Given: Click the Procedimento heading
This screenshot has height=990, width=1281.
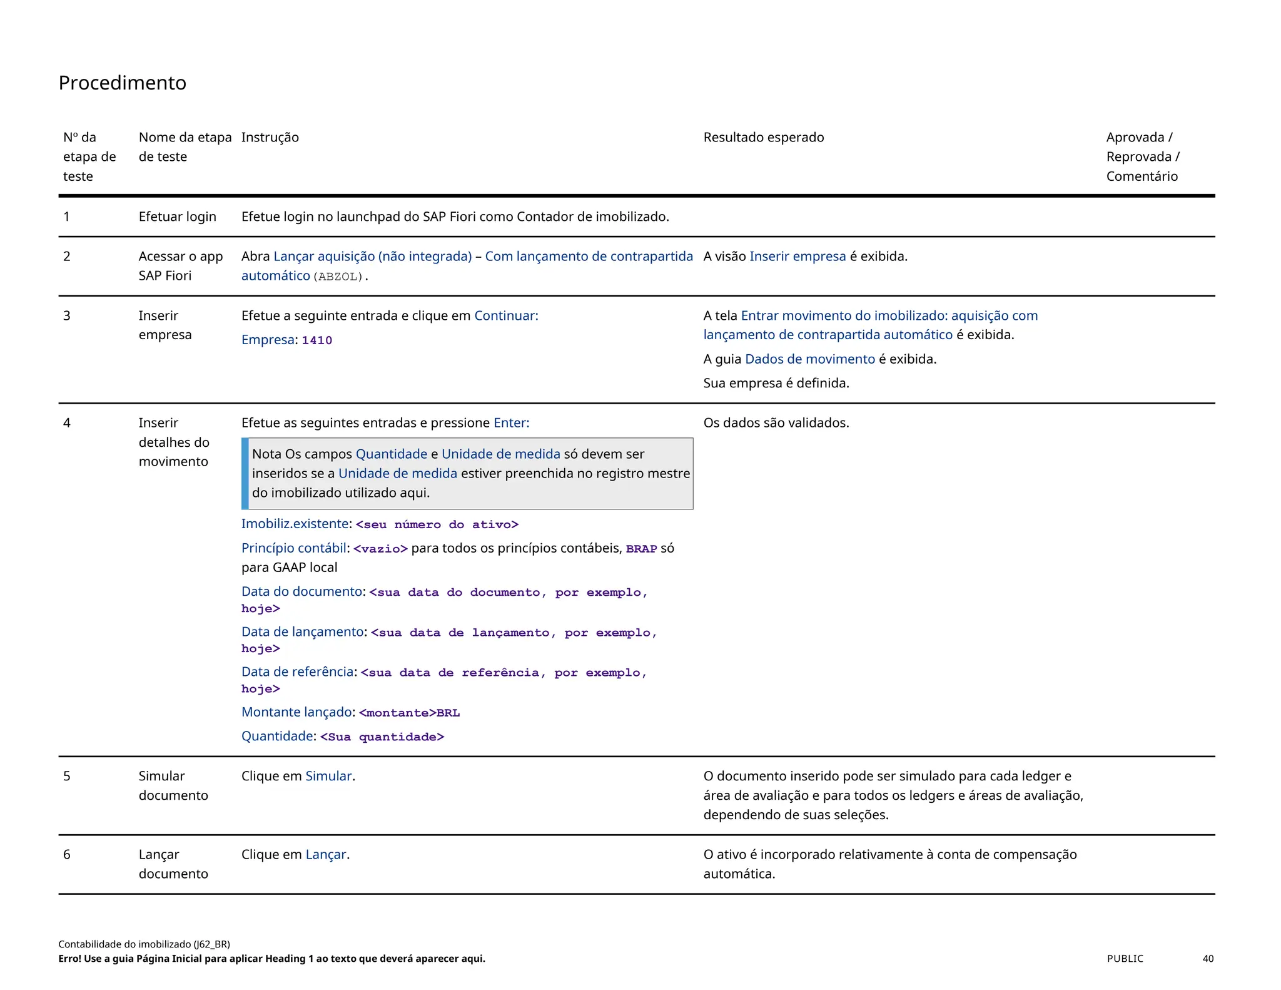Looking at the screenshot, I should [x=122, y=83].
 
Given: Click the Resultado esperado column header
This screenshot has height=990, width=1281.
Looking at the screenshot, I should [x=763, y=137].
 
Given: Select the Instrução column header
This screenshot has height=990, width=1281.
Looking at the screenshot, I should [x=270, y=137].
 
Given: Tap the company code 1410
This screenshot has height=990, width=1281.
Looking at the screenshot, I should [x=316, y=340].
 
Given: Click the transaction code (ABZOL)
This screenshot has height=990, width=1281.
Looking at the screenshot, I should [x=338, y=277].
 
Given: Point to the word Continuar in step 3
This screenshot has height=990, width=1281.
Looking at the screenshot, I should [x=505, y=315].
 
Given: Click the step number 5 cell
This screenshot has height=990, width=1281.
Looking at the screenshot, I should [x=67, y=776].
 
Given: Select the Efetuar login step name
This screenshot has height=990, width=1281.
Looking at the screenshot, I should [x=177, y=217].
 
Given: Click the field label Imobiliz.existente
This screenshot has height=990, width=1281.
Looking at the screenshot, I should [x=295, y=524].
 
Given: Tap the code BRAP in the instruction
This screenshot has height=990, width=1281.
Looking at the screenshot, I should [x=641, y=549].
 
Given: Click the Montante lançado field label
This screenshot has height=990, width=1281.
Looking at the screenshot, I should [x=296, y=712].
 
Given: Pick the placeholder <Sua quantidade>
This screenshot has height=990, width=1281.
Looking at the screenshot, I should [x=382, y=737].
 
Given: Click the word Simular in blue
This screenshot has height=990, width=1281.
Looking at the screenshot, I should [x=328, y=776].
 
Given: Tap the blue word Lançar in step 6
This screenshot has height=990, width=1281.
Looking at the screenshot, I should [x=325, y=855].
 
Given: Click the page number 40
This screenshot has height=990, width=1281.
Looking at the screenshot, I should [x=1208, y=959].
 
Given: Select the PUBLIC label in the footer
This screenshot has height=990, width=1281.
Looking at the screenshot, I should [x=1125, y=959].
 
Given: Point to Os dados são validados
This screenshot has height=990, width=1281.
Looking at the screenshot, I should [x=776, y=423].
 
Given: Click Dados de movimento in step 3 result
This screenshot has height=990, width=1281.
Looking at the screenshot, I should [x=809, y=359].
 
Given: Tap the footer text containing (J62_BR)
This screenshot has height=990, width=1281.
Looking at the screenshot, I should [x=144, y=944].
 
